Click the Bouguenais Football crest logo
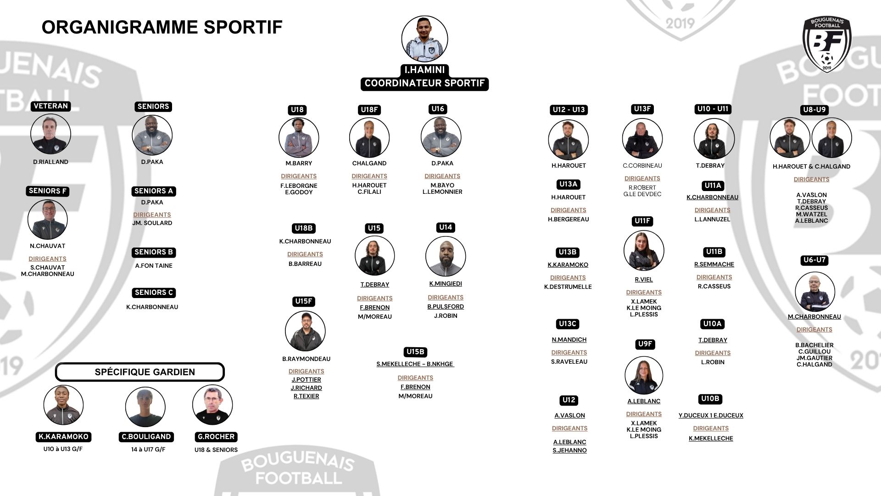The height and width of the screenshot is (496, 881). [827, 45]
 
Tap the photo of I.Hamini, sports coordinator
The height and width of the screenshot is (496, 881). [424, 39]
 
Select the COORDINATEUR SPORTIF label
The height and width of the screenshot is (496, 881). [424, 84]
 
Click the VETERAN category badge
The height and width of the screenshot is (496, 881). [50, 106]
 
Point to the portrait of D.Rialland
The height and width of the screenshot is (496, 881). [50, 134]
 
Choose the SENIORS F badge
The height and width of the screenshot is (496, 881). [48, 191]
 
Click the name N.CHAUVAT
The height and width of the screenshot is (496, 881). [48, 246]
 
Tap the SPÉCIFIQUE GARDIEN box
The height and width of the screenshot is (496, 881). [140, 372]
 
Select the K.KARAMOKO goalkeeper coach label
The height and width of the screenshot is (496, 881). [63, 437]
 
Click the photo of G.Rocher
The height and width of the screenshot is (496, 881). [212, 405]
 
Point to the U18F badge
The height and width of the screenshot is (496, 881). [369, 110]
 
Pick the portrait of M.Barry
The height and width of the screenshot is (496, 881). [299, 138]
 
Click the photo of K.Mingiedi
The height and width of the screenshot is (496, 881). [446, 256]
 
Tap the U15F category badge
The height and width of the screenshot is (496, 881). [303, 301]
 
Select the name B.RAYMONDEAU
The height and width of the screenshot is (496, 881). [306, 359]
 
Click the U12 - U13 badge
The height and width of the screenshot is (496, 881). [569, 110]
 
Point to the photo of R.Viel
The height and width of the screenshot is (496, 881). [644, 251]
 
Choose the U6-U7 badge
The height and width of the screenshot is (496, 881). [814, 260]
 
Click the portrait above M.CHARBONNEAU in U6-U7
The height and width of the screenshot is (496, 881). [814, 292]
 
